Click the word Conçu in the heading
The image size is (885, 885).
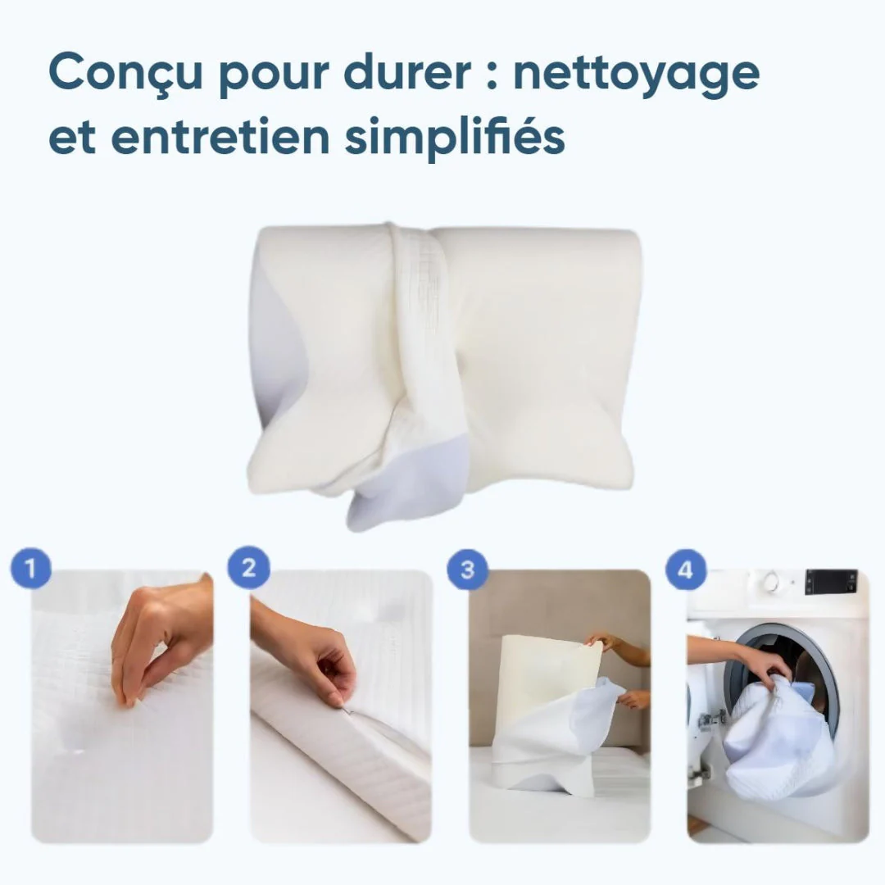tap(125, 72)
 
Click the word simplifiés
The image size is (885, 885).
tap(455, 137)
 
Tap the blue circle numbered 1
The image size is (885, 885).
tap(31, 568)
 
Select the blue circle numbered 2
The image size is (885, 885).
tap(248, 568)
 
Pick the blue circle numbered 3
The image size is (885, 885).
tap(467, 570)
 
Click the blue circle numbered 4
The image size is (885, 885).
tap(685, 570)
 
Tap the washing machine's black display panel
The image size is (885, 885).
tap(831, 581)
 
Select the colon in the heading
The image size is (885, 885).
tap(492, 74)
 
